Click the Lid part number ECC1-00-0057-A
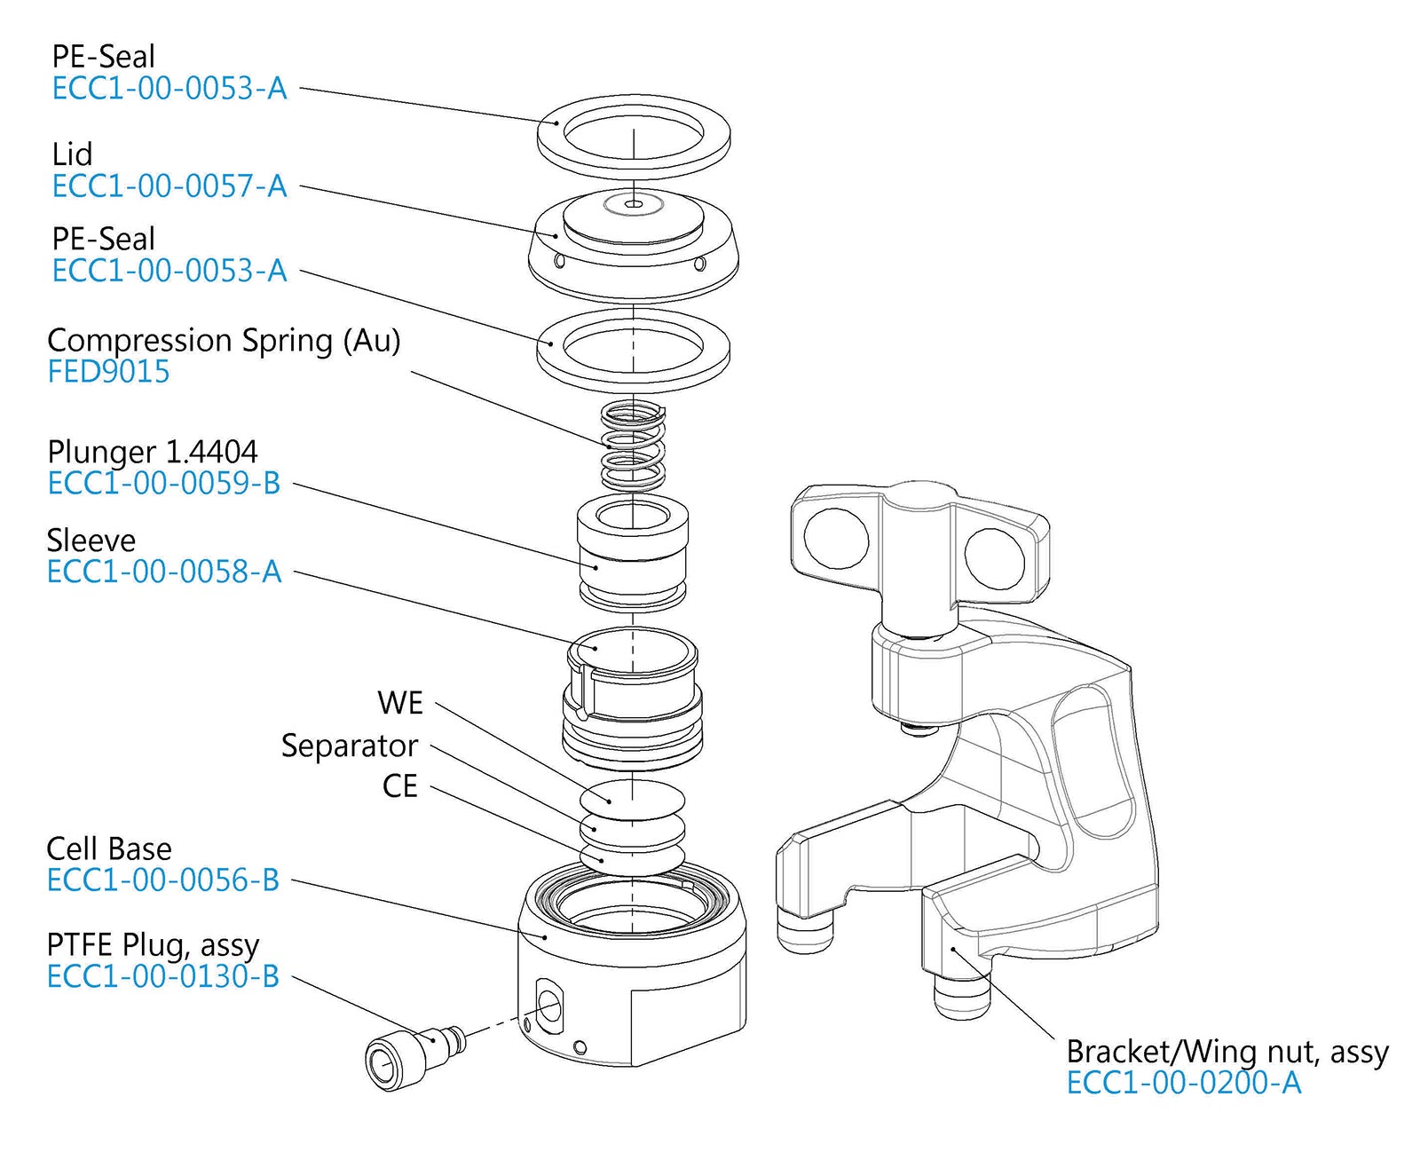coord(170,186)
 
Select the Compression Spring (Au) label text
coord(224,341)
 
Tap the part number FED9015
coord(108,372)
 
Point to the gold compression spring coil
coord(633,446)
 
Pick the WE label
coord(400,703)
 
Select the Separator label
coord(350,746)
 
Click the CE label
coord(400,786)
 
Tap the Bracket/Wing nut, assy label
coord(1227,1052)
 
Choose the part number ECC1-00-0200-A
coord(1184,1084)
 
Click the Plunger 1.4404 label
coord(153,452)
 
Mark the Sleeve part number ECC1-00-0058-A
coord(164,572)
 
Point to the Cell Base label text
coord(109,849)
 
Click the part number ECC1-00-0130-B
coord(163,977)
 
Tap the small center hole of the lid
coord(634,205)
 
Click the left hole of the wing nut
coord(836,539)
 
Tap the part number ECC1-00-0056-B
coord(163,880)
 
